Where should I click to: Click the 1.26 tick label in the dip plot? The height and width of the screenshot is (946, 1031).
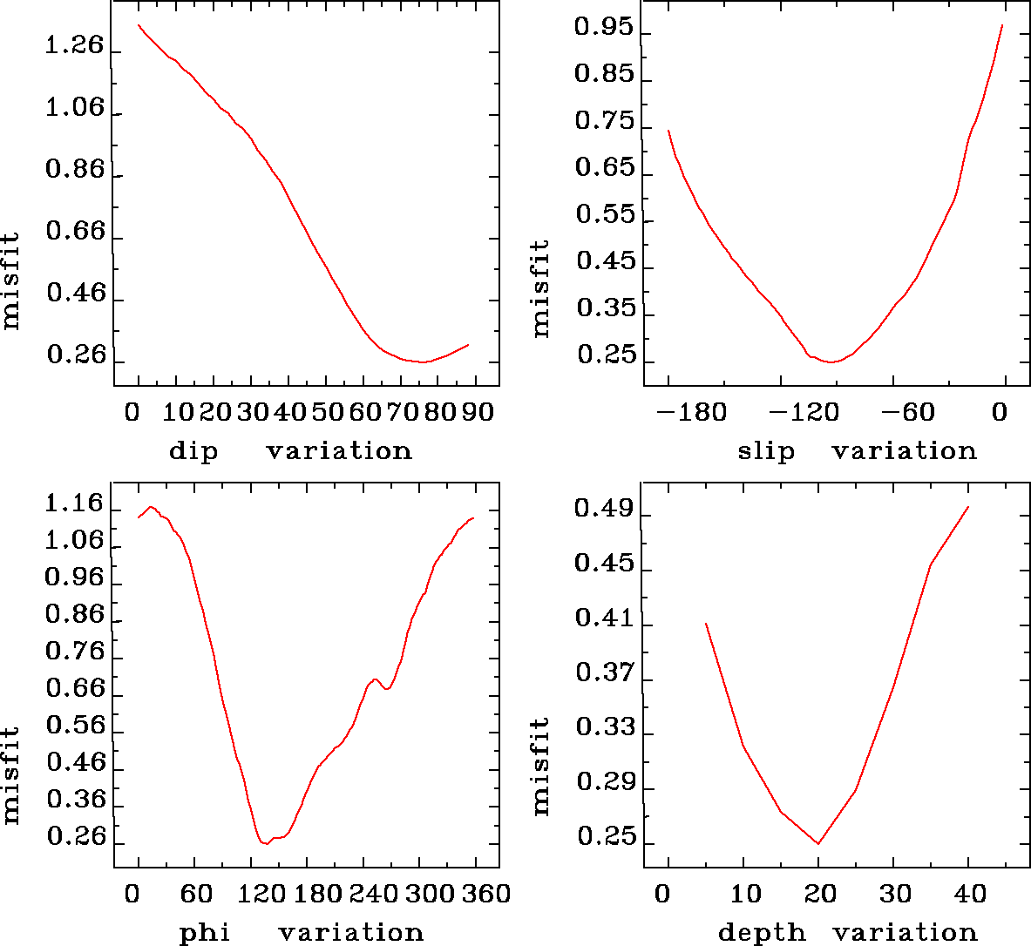tap(74, 45)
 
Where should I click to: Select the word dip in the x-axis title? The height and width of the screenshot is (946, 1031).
tap(193, 451)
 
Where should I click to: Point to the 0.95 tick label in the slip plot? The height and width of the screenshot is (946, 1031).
tap(603, 28)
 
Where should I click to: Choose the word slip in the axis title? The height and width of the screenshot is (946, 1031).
tap(766, 451)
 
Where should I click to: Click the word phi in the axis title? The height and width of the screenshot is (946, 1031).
tap(205, 933)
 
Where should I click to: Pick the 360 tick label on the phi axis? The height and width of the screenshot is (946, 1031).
tap(484, 894)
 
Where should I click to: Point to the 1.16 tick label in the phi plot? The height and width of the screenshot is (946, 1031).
tap(74, 503)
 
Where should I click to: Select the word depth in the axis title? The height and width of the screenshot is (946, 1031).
tap(762, 933)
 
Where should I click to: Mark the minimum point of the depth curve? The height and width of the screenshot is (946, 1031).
tap(818, 843)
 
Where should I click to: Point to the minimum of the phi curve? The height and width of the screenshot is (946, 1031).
tap(264, 843)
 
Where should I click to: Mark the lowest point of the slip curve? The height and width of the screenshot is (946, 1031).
tap(831, 362)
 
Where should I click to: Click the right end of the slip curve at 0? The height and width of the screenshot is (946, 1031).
tap(1002, 25)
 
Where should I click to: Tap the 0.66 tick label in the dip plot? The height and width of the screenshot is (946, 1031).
tap(74, 232)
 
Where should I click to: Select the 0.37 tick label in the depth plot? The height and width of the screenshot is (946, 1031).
tap(603, 672)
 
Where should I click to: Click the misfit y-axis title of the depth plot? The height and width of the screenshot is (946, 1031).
tap(541, 767)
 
